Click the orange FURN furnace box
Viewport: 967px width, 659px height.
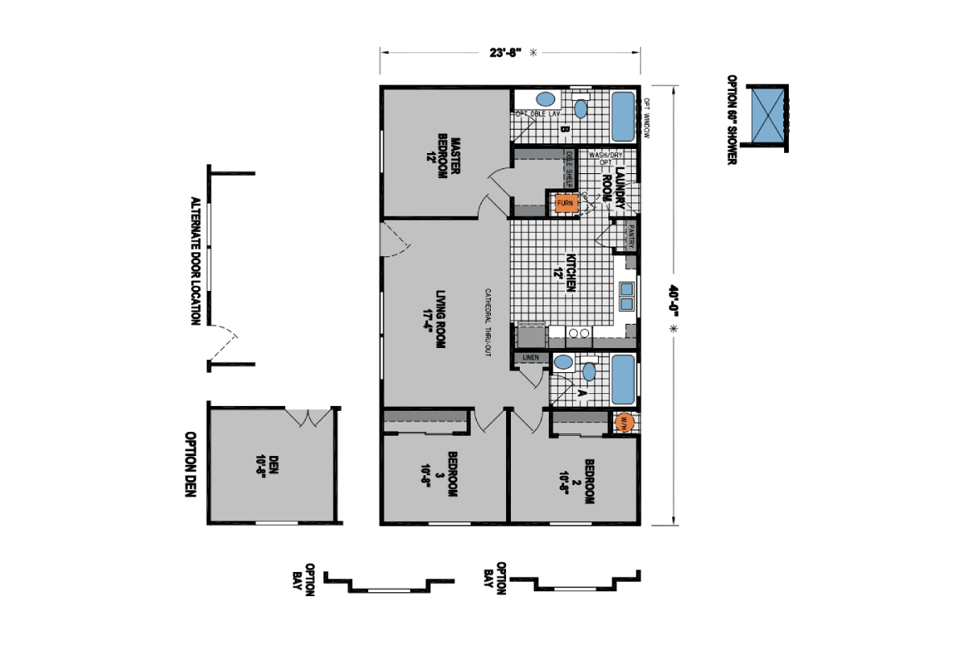click(x=564, y=203)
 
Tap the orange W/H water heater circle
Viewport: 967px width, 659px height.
click(x=624, y=421)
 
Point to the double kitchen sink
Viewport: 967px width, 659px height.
click(x=626, y=295)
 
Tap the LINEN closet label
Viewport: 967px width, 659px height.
click(x=529, y=357)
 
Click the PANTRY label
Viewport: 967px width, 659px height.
click(x=631, y=236)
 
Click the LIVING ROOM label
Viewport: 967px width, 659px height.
click(x=436, y=318)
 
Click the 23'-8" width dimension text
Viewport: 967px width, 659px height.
click(x=506, y=52)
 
